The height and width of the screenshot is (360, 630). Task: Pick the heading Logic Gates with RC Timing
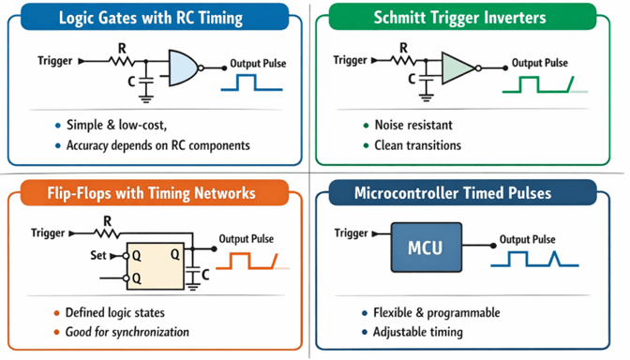150,18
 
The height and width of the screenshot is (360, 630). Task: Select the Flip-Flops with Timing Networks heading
151,193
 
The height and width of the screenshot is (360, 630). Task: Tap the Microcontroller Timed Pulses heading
467,193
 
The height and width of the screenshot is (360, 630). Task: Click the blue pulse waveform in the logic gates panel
250,84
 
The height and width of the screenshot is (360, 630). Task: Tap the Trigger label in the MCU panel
352,232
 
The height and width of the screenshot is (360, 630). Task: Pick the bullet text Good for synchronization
127,331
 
